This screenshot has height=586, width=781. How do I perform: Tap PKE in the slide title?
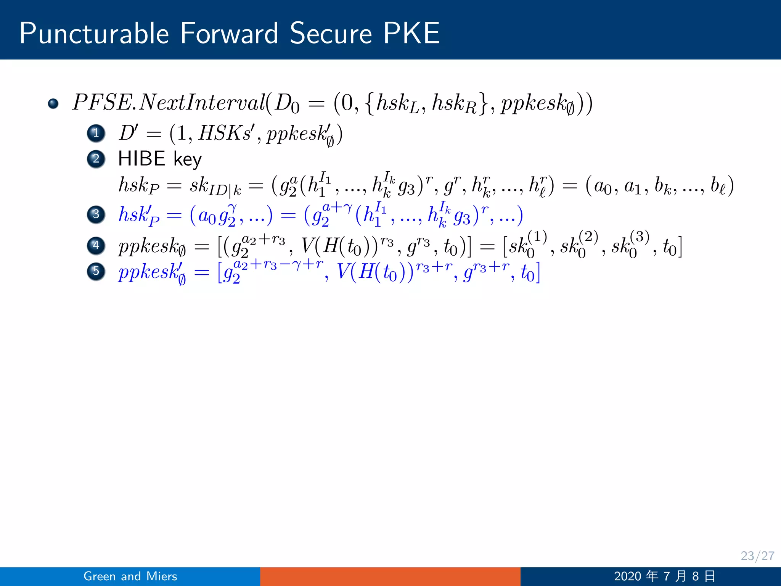pos(411,34)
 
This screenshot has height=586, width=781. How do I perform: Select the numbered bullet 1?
pos(96,133)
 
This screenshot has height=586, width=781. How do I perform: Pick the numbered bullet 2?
pos(96,159)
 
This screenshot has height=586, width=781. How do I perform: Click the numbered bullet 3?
pos(96,214)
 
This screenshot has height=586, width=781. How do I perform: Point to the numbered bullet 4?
pos(96,245)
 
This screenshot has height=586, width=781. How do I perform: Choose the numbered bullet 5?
pos(96,271)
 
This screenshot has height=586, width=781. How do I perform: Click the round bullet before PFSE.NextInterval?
pos(53,104)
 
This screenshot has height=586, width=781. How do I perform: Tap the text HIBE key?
pos(160,159)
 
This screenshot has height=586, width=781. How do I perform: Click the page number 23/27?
pos(757,555)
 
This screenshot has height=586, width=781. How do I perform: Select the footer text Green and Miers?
pos(130,576)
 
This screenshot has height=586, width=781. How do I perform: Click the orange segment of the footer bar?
pos(390,576)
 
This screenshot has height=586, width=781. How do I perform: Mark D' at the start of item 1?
pos(128,133)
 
